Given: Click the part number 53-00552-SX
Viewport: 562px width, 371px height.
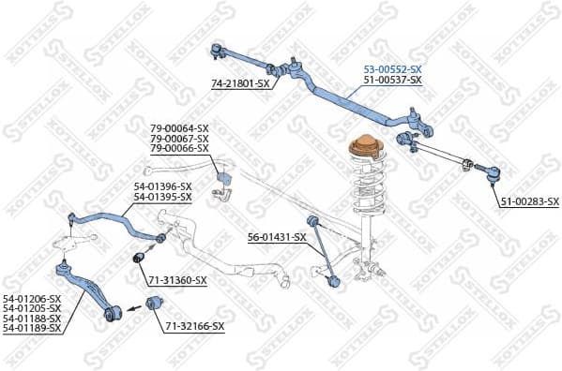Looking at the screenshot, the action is coord(392,70).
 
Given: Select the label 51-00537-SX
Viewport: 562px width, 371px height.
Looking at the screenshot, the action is coord(392,81).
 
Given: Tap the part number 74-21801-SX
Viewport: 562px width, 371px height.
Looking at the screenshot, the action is coord(240,83).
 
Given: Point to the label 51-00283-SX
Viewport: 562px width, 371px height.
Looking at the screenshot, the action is coord(528,201).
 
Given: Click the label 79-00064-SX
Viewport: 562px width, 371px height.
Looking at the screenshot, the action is coord(179,128).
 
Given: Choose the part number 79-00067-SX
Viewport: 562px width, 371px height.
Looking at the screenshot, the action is coord(179,139).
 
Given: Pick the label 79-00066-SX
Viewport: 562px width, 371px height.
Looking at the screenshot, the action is coord(179,148).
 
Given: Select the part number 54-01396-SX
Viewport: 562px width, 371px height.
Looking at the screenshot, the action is coord(162,186).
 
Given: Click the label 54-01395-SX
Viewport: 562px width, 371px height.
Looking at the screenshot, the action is coord(162,197).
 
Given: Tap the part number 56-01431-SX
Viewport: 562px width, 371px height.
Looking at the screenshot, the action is coord(277,237).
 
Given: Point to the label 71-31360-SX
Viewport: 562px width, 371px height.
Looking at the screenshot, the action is coord(177,280).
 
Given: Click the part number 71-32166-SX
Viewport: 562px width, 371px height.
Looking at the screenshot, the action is coord(195,326).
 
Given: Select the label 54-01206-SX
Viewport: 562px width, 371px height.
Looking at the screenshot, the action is coord(31,298).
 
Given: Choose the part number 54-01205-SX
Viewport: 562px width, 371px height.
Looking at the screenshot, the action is coord(31,308).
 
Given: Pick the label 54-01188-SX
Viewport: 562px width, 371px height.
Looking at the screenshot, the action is coord(31,319).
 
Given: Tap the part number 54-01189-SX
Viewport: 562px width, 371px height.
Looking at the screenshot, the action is coord(31,328).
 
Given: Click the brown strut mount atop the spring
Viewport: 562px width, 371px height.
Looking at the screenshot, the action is coord(362,149).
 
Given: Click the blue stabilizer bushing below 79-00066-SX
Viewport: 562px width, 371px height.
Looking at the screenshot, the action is coord(223,178).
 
